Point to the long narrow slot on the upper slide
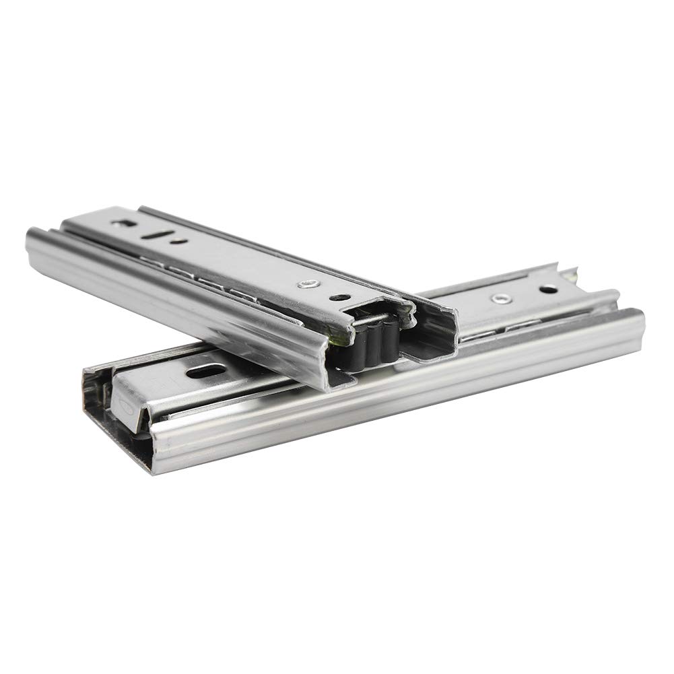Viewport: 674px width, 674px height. pos(156,235)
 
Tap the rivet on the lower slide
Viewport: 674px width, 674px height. pos(499,298)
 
